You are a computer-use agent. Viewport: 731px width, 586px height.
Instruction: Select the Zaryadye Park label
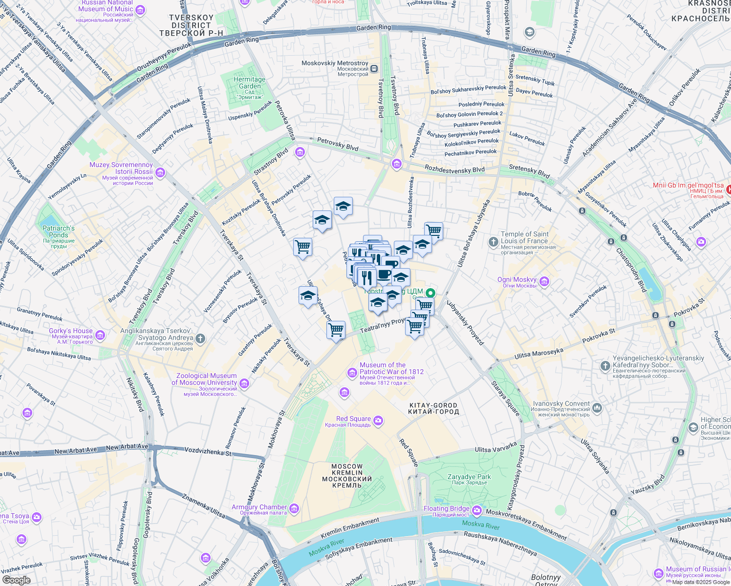[469, 479]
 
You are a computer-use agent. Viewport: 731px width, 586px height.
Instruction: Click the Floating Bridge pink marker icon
[477, 511]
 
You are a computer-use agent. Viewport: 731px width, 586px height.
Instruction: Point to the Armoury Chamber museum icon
[294, 509]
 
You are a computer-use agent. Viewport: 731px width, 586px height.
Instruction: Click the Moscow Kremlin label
[347, 476]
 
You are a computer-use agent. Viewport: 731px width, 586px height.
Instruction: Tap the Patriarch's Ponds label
[59, 236]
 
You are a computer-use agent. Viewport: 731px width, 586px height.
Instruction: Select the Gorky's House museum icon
[100, 335]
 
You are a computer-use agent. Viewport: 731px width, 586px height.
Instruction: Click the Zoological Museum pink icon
[244, 384]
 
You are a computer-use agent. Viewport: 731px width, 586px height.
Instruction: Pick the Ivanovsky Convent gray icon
[597, 408]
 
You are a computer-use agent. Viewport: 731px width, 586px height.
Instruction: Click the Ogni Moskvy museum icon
[544, 282]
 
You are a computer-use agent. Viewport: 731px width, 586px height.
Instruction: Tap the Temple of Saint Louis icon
[494, 242]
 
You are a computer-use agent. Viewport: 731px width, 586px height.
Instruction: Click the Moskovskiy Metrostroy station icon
[374, 69]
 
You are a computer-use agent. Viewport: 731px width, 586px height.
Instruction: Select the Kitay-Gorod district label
[433, 408]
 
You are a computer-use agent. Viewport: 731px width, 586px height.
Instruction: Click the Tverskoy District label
[191, 25]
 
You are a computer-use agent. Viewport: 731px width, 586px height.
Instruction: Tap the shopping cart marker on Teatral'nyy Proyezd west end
[336, 330]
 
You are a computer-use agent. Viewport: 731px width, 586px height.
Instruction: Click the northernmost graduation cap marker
[343, 206]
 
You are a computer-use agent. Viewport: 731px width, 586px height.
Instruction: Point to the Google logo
[17, 580]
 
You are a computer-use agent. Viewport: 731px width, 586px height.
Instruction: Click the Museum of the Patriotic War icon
[352, 374]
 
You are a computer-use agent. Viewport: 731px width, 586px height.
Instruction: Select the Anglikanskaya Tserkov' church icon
[200, 338]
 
